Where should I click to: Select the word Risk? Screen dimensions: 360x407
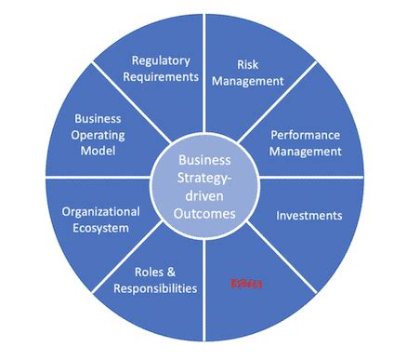245,64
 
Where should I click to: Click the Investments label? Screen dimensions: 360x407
309,215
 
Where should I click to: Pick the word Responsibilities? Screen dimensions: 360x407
155,288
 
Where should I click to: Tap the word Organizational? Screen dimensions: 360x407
100,210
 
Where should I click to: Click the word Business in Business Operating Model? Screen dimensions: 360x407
98,118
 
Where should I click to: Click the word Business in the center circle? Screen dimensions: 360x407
203,160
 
